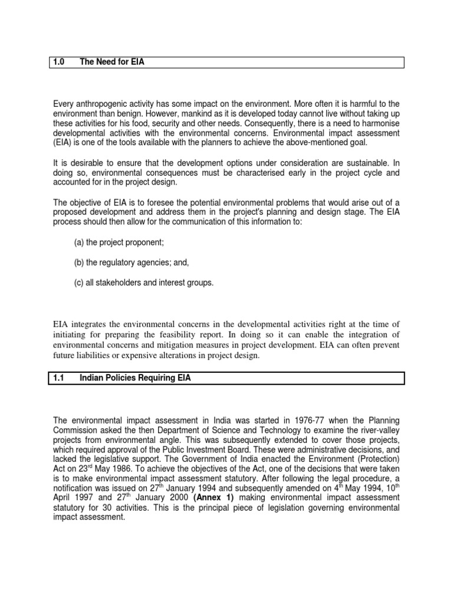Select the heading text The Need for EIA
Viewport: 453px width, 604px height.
coord(112,62)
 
